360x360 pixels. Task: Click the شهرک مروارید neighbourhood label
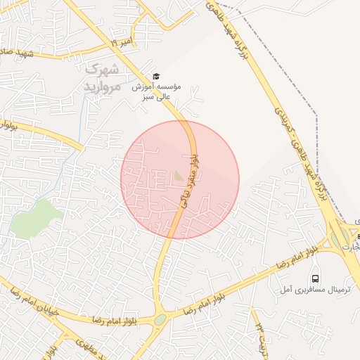pos(101,77)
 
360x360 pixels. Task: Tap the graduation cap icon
pos(156,76)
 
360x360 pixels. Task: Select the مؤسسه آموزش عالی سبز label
pos(156,91)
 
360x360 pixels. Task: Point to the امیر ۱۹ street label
pos(120,44)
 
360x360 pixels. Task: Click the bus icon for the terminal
pos(315,278)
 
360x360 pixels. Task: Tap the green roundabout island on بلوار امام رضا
pos(161,319)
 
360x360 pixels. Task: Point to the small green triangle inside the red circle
pos(179,174)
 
